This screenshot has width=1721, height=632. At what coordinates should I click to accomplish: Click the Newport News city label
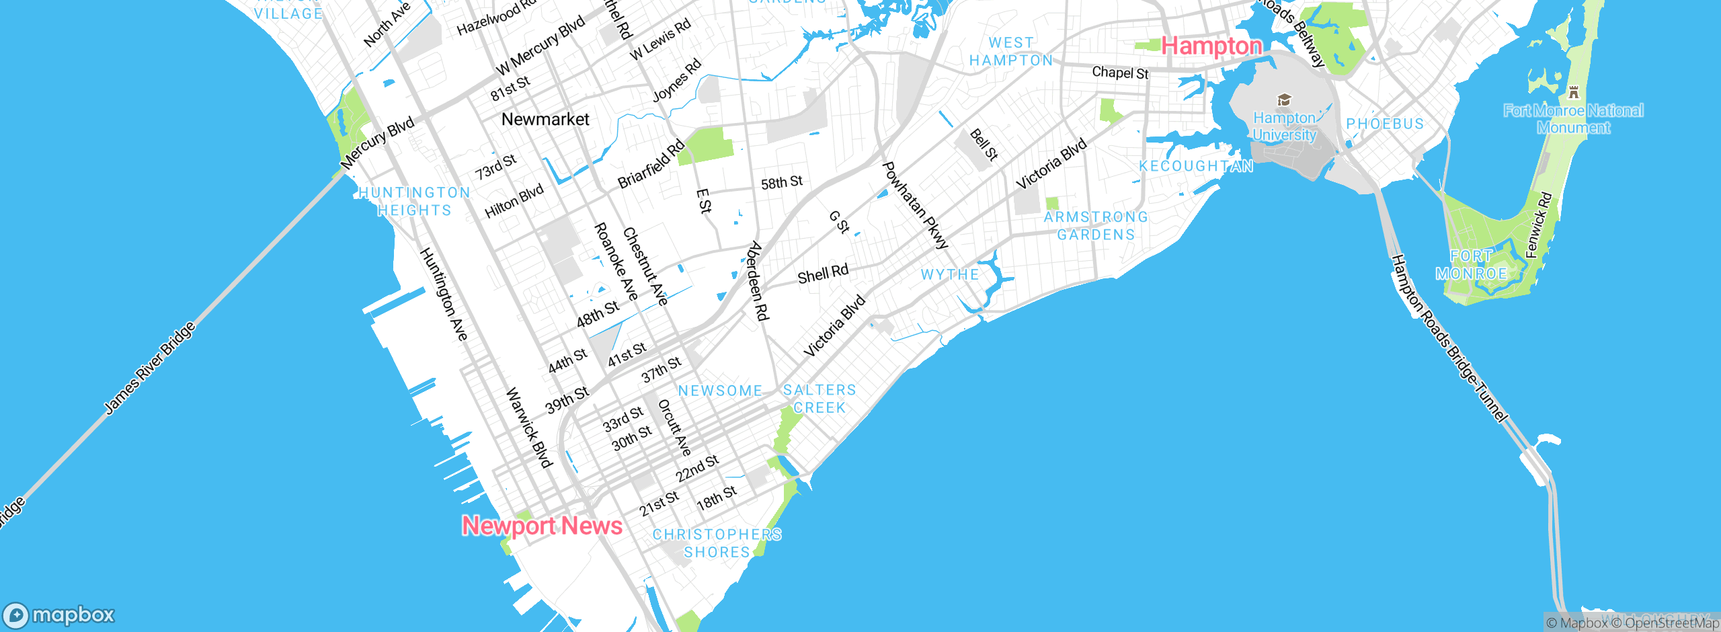(x=542, y=526)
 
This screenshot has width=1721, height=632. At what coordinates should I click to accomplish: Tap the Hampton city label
(x=1211, y=46)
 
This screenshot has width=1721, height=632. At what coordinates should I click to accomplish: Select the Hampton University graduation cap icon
(x=1284, y=100)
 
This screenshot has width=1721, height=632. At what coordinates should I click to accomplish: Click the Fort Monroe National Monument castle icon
(x=1573, y=92)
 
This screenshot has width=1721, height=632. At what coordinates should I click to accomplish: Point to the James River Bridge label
(x=150, y=368)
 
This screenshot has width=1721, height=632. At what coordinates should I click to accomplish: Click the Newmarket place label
(x=545, y=120)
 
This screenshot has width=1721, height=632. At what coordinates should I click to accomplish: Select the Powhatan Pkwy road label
(x=915, y=205)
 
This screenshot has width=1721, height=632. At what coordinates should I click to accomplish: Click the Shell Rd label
(x=823, y=274)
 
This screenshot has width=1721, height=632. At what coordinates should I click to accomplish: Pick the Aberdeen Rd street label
(x=758, y=281)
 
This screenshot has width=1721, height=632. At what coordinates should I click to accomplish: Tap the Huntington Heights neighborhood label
(x=414, y=202)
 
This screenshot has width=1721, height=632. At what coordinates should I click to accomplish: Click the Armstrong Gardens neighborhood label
(x=1096, y=226)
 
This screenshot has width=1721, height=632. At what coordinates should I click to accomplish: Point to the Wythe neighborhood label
(x=950, y=274)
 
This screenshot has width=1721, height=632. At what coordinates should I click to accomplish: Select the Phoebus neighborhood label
(x=1385, y=124)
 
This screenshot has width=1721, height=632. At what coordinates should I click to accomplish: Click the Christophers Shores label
(x=717, y=543)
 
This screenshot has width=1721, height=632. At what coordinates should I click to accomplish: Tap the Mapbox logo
(x=59, y=615)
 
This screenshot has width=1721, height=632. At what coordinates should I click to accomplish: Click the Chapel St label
(x=1120, y=73)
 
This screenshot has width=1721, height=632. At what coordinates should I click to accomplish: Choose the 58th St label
(x=782, y=182)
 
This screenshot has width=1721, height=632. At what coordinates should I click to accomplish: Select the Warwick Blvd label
(x=529, y=428)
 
